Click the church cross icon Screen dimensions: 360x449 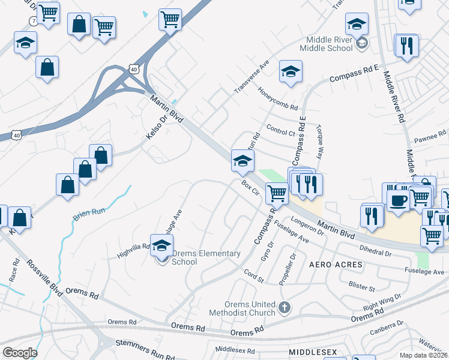(x=285, y=308)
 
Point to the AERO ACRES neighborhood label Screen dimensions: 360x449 (x=336, y=265)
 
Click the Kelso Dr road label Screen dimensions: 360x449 (x=155, y=128)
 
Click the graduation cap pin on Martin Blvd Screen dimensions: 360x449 (x=243, y=160)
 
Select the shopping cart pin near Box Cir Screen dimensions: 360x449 (x=276, y=193)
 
